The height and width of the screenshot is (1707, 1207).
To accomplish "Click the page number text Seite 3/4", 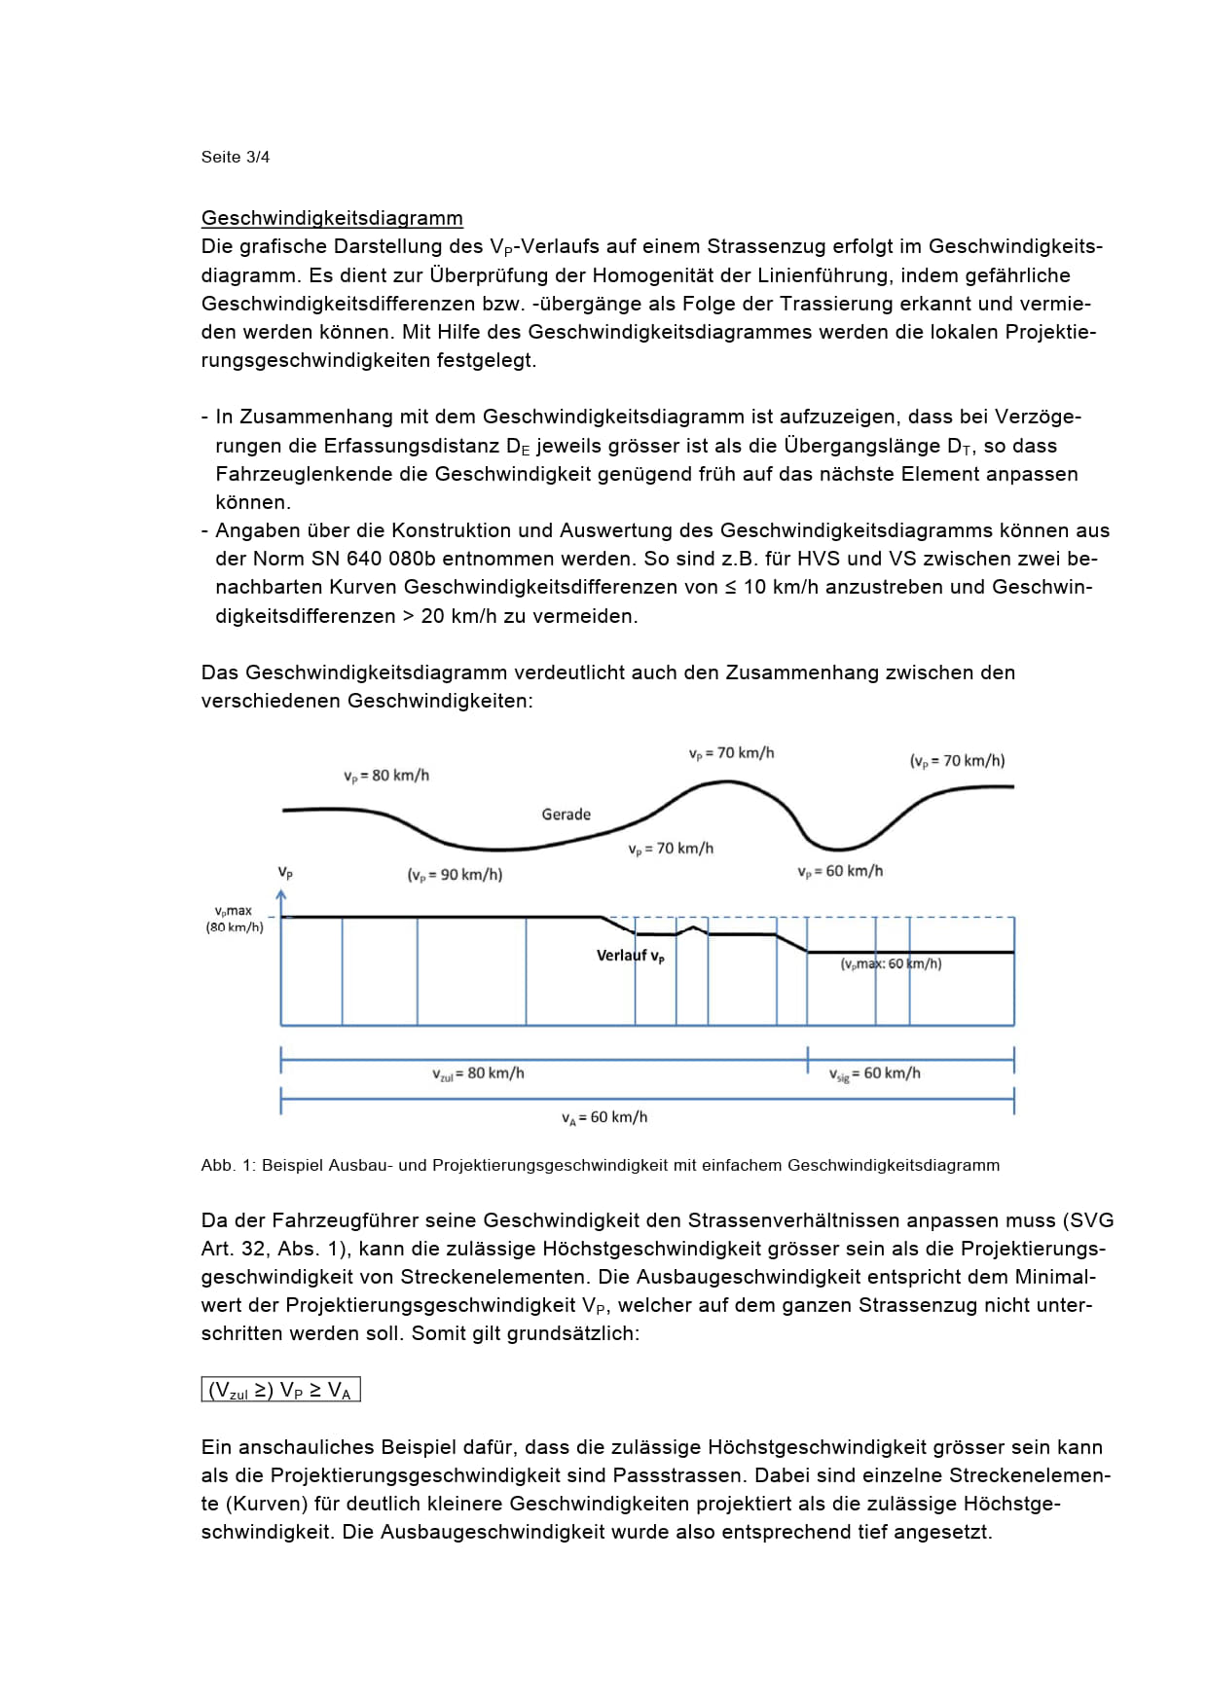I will (235, 157).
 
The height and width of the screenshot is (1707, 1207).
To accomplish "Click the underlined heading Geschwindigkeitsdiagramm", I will (332, 218).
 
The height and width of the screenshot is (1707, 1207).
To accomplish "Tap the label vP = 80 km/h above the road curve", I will (385, 776).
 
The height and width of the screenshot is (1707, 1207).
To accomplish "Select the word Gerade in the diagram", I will (566, 814).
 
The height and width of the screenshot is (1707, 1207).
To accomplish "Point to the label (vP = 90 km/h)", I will (455, 875).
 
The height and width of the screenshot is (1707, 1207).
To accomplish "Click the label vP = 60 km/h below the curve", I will (839, 871).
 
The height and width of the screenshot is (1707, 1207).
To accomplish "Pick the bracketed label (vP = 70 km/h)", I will (957, 761).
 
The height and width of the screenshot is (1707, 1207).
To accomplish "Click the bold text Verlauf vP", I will (631, 956).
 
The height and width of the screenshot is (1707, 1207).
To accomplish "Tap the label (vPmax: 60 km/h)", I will (891, 963).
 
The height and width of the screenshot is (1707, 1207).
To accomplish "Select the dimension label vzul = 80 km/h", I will (478, 1073).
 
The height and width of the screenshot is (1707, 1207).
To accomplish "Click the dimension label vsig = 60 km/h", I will (874, 1073).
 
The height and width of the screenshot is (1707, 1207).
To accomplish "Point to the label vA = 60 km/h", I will (603, 1117).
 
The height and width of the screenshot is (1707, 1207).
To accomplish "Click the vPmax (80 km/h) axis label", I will (234, 919).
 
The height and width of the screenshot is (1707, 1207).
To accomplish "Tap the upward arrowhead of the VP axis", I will (282, 893).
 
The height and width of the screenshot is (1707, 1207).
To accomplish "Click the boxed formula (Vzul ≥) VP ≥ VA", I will (280, 1391).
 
